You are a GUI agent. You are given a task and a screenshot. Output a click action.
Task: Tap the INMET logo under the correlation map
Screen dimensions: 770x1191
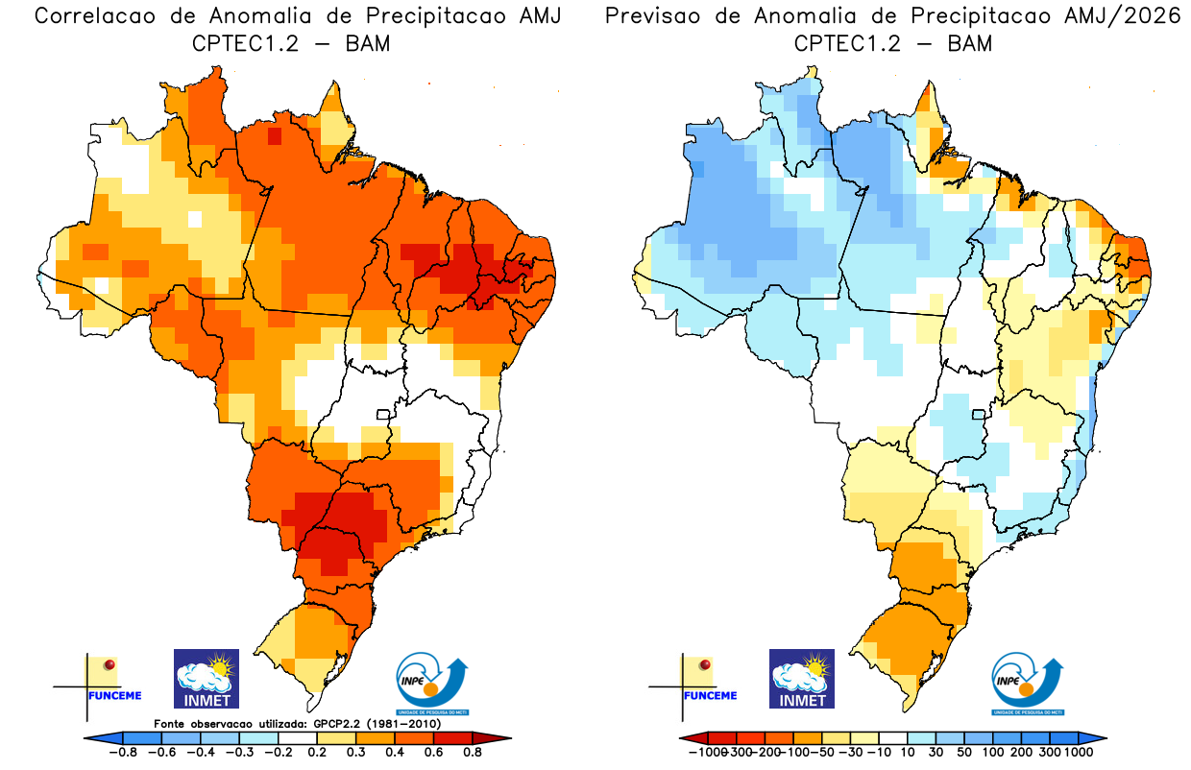pyautogui.click(x=206, y=678)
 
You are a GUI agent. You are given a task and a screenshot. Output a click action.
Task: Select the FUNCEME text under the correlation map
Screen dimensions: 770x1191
pyautogui.click(x=114, y=695)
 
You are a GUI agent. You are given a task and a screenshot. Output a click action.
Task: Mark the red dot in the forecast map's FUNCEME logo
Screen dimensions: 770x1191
pyautogui.click(x=706, y=664)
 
